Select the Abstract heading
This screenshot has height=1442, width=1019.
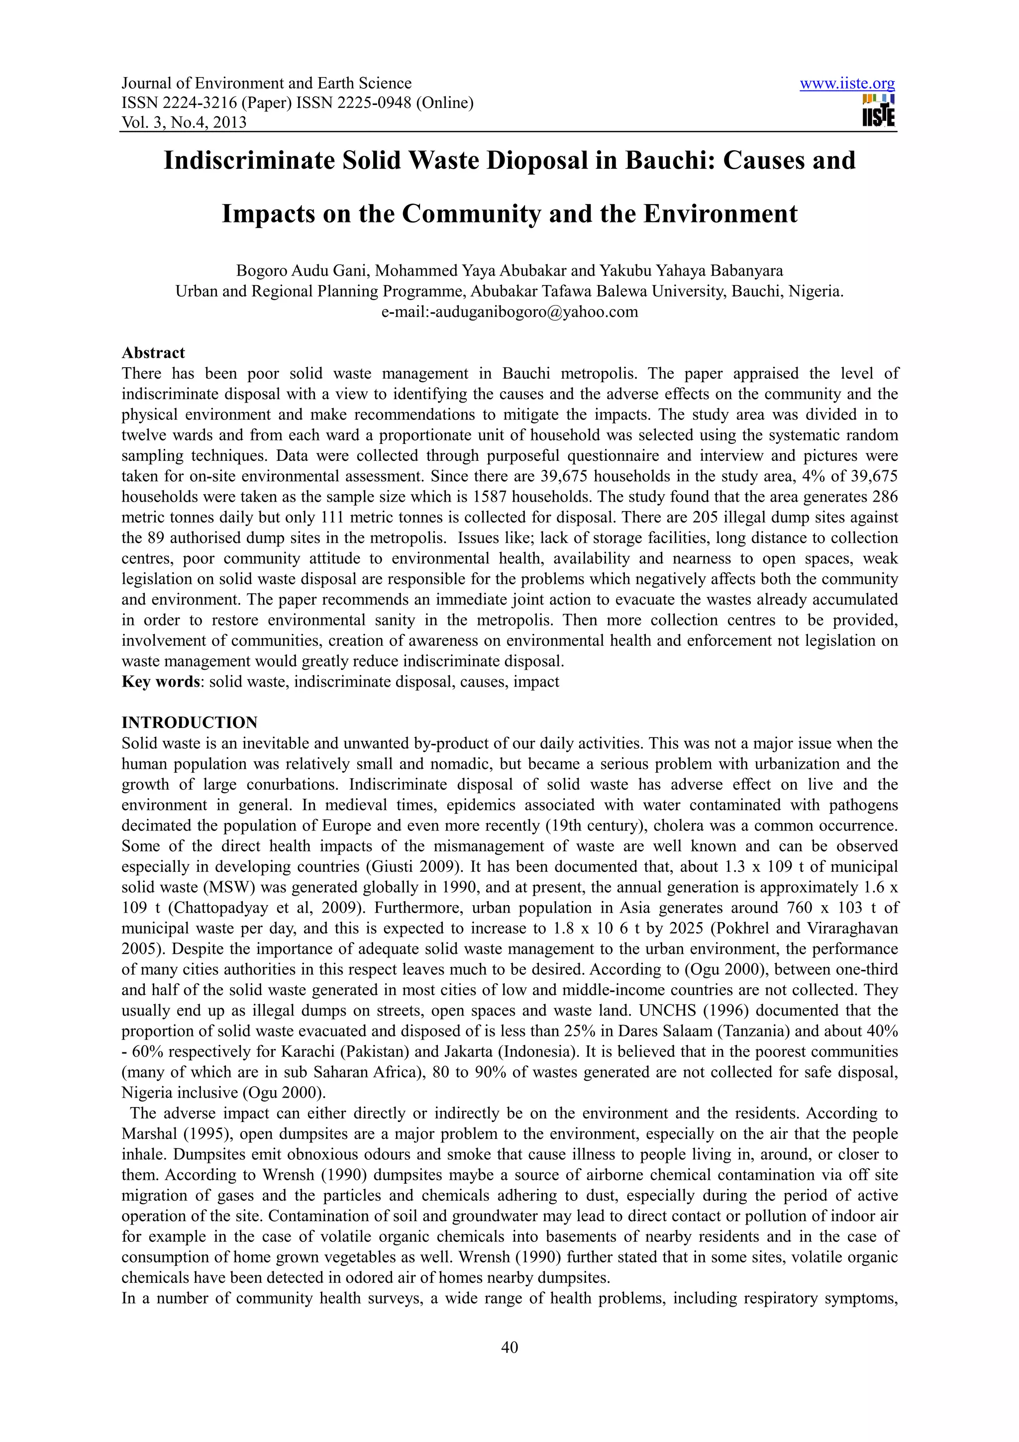pyautogui.click(x=153, y=353)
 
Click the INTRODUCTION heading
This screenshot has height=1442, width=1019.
pyautogui.click(x=189, y=722)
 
